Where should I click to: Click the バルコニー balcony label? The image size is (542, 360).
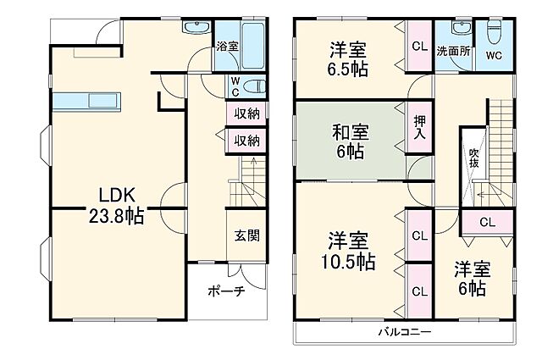point(404,330)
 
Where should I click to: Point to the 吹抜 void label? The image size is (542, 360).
point(474,158)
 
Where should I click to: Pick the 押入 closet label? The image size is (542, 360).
point(419,128)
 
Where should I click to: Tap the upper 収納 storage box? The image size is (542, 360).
point(246,114)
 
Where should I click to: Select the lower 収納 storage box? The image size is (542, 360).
point(246,140)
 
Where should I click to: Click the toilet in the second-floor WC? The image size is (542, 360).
point(493,30)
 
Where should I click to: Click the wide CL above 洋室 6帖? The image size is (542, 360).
point(486,223)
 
